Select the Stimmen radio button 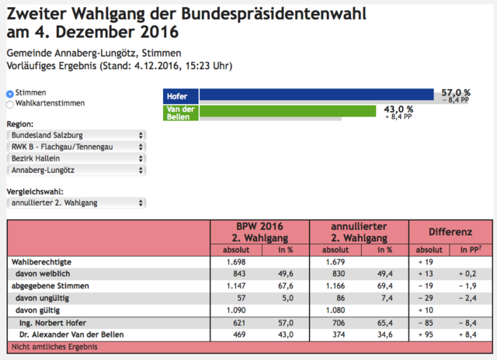click(10, 94)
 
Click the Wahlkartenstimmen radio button click(10, 104)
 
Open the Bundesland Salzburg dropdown click(76, 135)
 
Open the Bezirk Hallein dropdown click(76, 158)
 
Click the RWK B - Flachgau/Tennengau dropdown click(76, 147)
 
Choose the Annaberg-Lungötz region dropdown click(76, 171)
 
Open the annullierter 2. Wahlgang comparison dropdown click(76, 203)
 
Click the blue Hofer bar click(316, 95)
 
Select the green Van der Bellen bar click(287, 111)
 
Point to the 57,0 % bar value click(456, 92)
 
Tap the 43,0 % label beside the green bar click(398, 109)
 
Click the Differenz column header click(450, 232)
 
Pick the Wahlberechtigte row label click(41, 262)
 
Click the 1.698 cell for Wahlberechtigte click(236, 262)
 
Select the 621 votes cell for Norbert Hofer click(239, 323)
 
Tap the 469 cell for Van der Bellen click(239, 334)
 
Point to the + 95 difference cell click(426, 334)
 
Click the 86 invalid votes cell click(340, 298)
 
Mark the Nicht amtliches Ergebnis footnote click(54, 347)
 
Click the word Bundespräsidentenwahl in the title click(274, 14)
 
